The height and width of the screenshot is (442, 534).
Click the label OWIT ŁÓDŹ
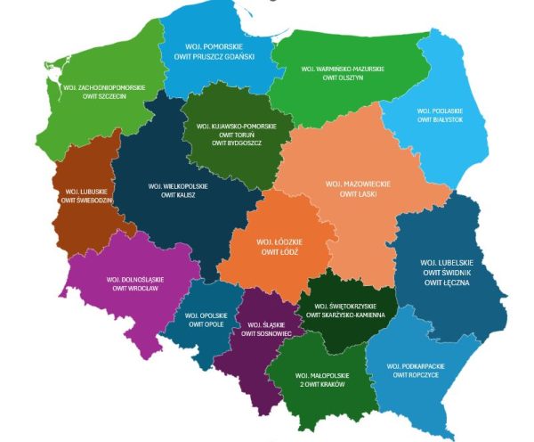coord(276,252)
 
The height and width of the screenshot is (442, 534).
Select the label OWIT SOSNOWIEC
coord(267,333)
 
